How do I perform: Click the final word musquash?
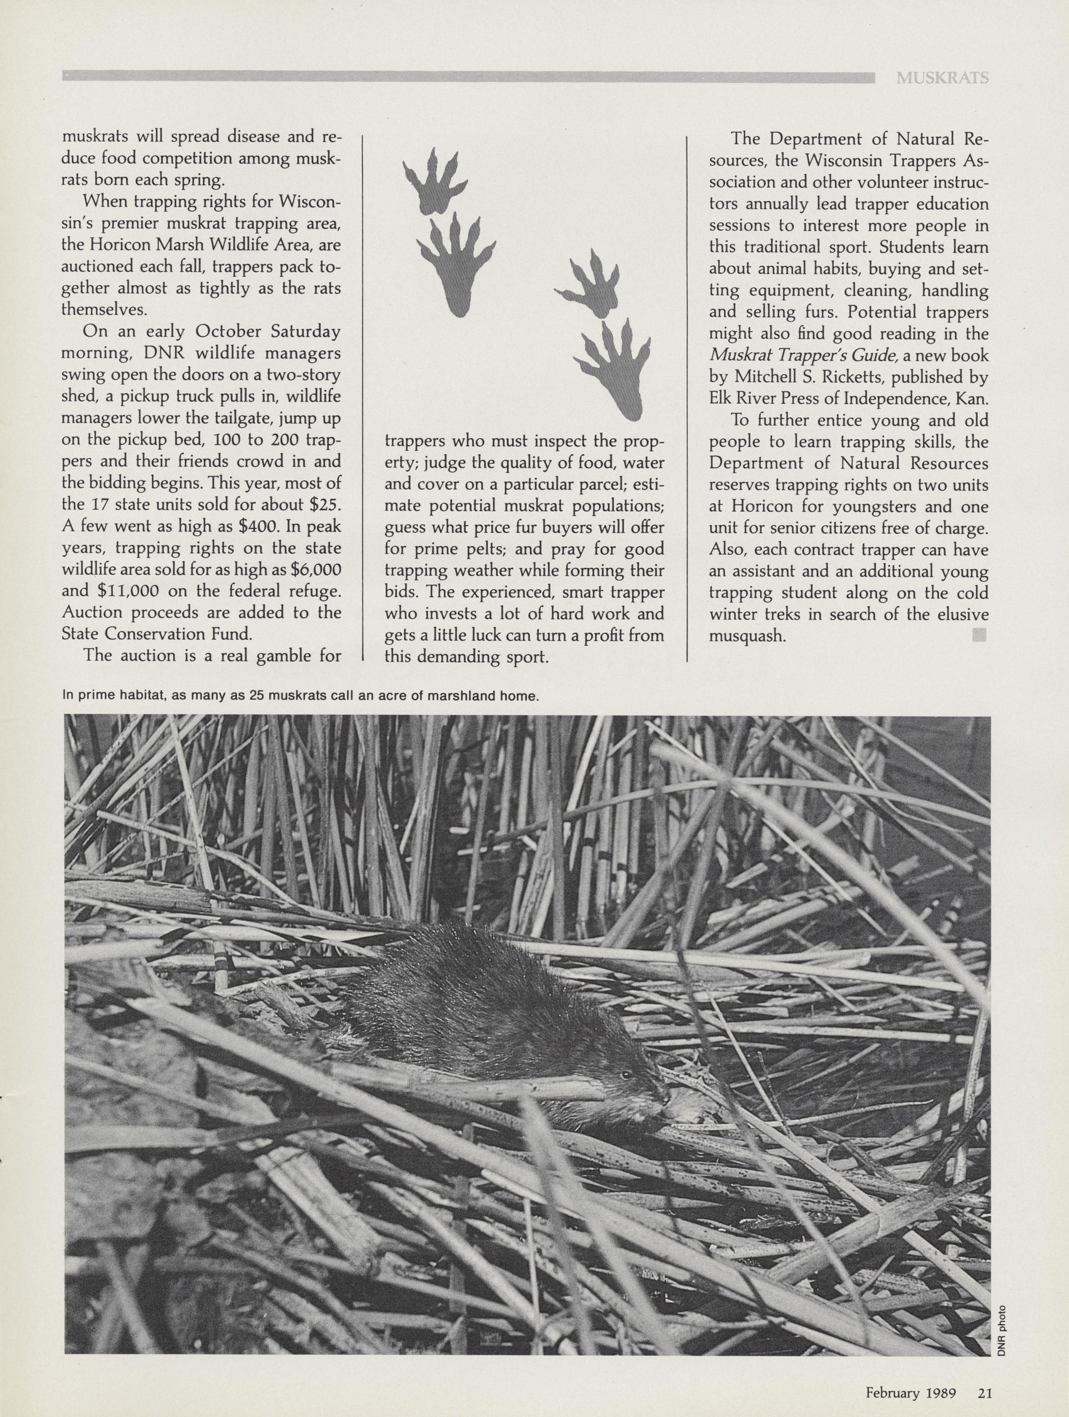[x=747, y=636]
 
